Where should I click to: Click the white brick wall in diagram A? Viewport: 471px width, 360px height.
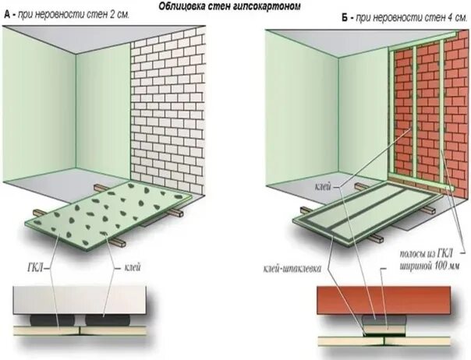pyautogui.click(x=167, y=109)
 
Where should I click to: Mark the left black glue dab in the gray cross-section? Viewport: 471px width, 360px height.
pyautogui.click(x=48, y=319)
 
